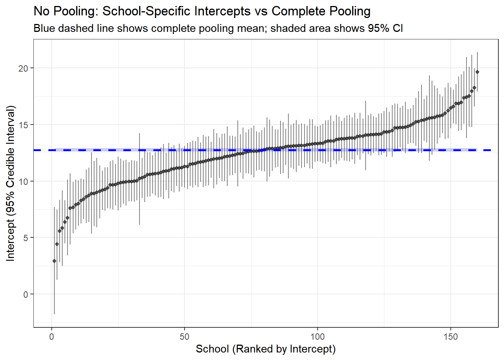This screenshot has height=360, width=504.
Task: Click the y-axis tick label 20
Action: (23, 68)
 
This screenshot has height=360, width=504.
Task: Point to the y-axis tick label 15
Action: (23, 125)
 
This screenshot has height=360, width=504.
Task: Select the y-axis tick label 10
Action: (23, 181)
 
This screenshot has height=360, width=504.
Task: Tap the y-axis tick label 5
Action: (25, 238)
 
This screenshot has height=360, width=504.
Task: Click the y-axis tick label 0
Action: (25, 294)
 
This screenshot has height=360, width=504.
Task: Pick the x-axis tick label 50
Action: (184, 337)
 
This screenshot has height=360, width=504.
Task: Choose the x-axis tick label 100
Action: (317, 337)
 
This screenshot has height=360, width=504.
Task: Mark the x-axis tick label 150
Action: (450, 337)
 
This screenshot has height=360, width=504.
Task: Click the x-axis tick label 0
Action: (52, 337)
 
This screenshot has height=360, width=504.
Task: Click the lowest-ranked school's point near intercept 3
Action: (54, 261)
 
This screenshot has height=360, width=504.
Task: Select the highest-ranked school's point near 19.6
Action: (477, 72)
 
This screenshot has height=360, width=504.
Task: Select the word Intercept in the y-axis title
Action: (10, 240)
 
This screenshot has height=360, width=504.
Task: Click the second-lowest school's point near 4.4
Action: (57, 244)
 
